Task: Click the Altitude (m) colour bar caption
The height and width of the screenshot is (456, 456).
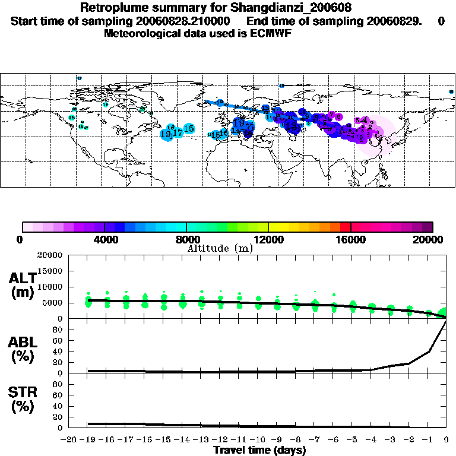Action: [x=220, y=248]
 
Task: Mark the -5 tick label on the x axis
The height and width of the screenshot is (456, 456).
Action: [x=353, y=440]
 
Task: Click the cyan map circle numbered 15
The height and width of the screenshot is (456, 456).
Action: [x=189, y=128]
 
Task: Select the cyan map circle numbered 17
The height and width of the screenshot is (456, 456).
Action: [x=177, y=132]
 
